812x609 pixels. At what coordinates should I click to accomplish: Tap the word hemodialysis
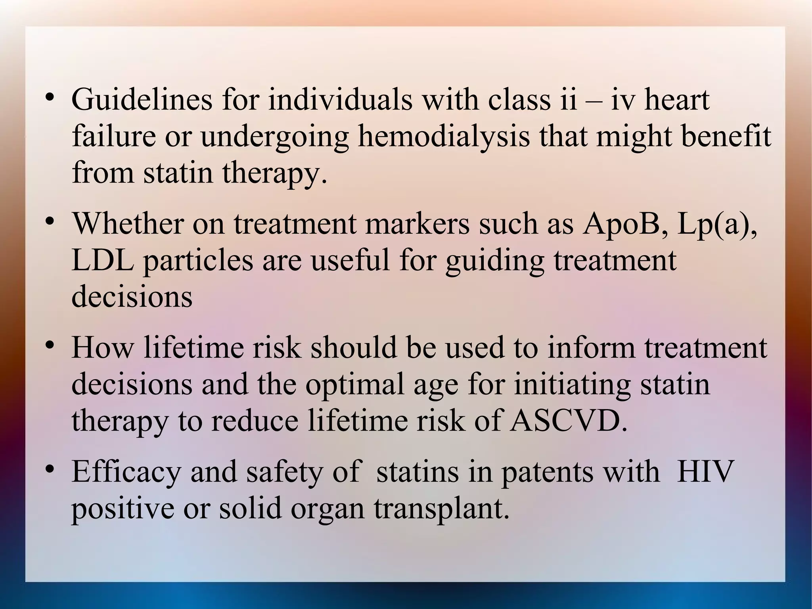point(444,136)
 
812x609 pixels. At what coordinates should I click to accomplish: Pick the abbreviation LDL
point(102,260)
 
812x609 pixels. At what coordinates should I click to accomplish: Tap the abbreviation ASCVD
point(569,421)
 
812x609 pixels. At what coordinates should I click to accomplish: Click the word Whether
point(128,223)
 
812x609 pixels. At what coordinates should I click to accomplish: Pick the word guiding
point(494,261)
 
